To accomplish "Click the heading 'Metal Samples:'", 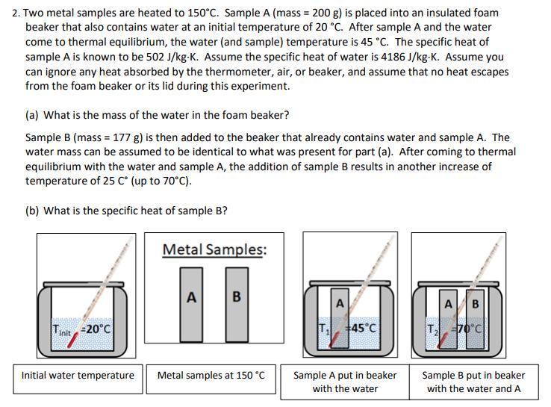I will (214, 249).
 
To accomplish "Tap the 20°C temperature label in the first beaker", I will (96, 329).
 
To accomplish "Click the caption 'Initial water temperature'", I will (78, 375).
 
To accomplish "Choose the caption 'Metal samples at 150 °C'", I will (211, 375).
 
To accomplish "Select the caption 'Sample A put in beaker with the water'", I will (345, 382).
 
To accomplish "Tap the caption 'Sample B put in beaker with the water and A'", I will (473, 382).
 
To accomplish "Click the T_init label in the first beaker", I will (63, 329).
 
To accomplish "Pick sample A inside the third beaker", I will (340, 317).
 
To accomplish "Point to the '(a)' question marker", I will (33, 115).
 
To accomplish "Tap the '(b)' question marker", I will (33, 211).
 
